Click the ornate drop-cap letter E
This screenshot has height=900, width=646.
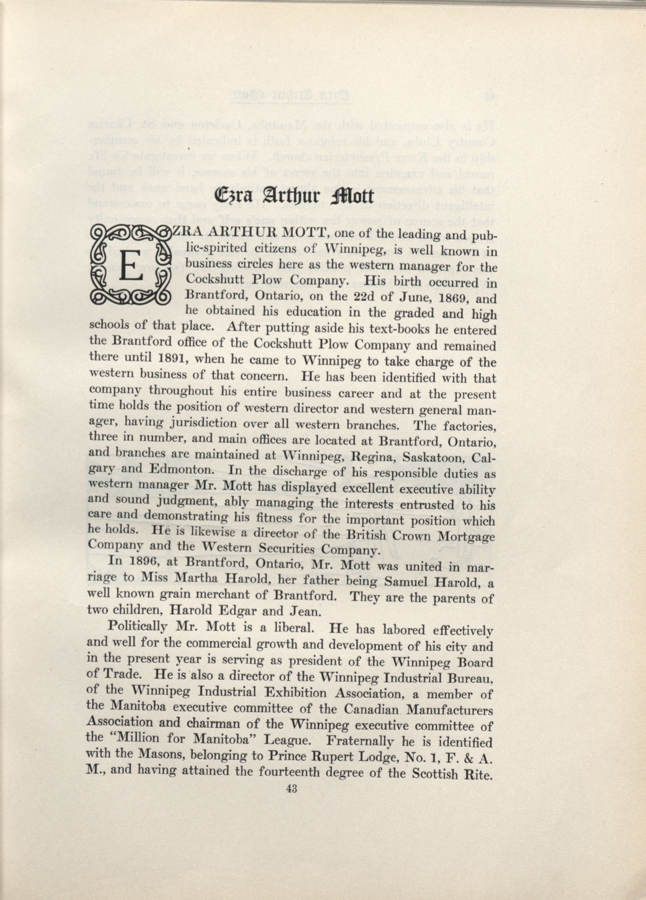point(131,265)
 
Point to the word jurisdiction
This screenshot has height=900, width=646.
point(200,423)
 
